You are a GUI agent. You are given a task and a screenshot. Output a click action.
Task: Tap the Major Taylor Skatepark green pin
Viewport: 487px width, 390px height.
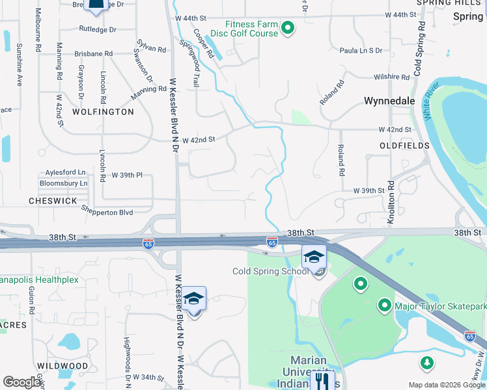tap(385, 305)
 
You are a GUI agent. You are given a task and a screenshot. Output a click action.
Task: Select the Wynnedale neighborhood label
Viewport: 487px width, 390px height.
tap(389, 101)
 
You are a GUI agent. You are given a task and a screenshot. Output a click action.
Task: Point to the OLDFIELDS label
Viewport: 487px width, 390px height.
tap(405, 146)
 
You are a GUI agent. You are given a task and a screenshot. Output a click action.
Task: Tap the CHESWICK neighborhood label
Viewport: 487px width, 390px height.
tap(53, 201)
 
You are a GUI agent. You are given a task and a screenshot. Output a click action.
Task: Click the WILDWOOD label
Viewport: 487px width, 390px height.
tap(63, 366)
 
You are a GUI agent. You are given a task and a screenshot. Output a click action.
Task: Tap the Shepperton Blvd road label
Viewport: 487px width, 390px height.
tap(107, 211)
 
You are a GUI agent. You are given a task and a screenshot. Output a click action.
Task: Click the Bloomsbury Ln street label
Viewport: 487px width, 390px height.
tap(63, 183)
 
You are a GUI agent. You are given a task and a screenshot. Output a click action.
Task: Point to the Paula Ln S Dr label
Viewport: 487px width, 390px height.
tap(361, 50)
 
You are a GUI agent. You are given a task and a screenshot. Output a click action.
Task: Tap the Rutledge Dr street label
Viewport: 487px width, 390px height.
tap(98, 29)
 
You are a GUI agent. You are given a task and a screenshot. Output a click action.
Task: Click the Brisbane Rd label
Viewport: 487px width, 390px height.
tap(94, 54)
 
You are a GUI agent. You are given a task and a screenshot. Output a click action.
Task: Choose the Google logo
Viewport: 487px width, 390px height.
tap(21, 382)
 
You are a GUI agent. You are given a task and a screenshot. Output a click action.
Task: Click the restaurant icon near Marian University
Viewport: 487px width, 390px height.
tap(322, 380)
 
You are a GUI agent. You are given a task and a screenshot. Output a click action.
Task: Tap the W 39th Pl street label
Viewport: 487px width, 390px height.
tap(127, 175)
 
